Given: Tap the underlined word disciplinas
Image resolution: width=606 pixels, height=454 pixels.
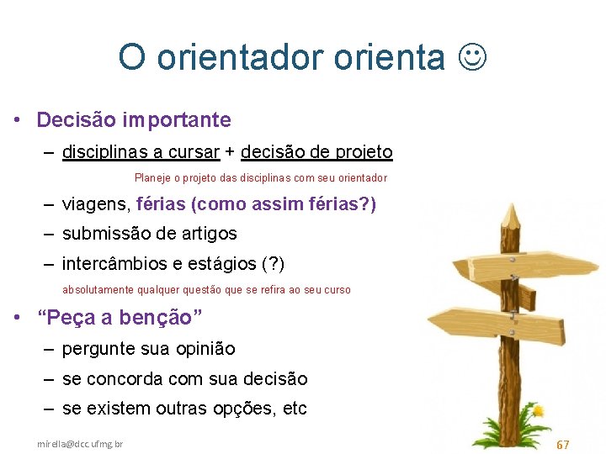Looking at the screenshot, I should pos(103,152).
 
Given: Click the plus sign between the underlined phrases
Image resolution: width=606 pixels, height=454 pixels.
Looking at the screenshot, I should pos(230,152).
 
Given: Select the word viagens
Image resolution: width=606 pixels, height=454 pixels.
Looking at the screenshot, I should pos(93,204).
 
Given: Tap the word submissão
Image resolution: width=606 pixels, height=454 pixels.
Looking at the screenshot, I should pos(104,234).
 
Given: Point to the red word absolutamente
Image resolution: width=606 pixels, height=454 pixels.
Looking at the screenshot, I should pos(95,290).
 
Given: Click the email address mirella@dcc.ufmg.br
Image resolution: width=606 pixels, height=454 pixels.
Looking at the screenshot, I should pos(80,443).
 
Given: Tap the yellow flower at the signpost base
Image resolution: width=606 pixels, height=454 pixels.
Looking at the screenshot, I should pos(538,411).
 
